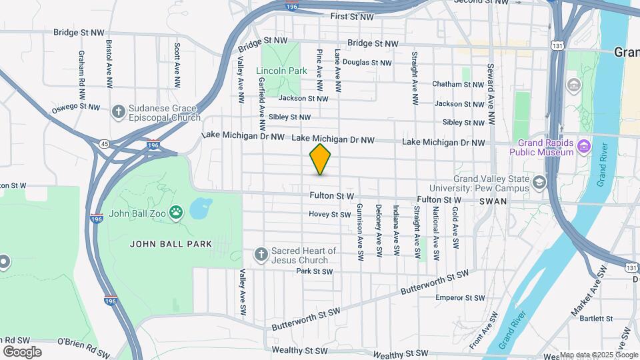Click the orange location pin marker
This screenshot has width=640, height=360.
[321, 159]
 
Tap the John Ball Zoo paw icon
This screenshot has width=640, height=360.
[176, 213]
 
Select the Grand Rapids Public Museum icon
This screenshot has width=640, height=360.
[584, 145]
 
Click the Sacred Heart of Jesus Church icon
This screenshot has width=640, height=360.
[262, 253]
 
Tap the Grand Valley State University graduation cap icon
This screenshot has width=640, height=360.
[539, 181]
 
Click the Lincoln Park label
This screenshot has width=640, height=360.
[281, 71]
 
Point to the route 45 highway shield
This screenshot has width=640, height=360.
[104, 143]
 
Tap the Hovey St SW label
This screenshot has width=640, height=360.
[329, 215]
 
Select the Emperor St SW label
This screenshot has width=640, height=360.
[459, 297]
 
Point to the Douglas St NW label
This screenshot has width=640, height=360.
[366, 63]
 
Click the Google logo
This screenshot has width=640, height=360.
[21, 352]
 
